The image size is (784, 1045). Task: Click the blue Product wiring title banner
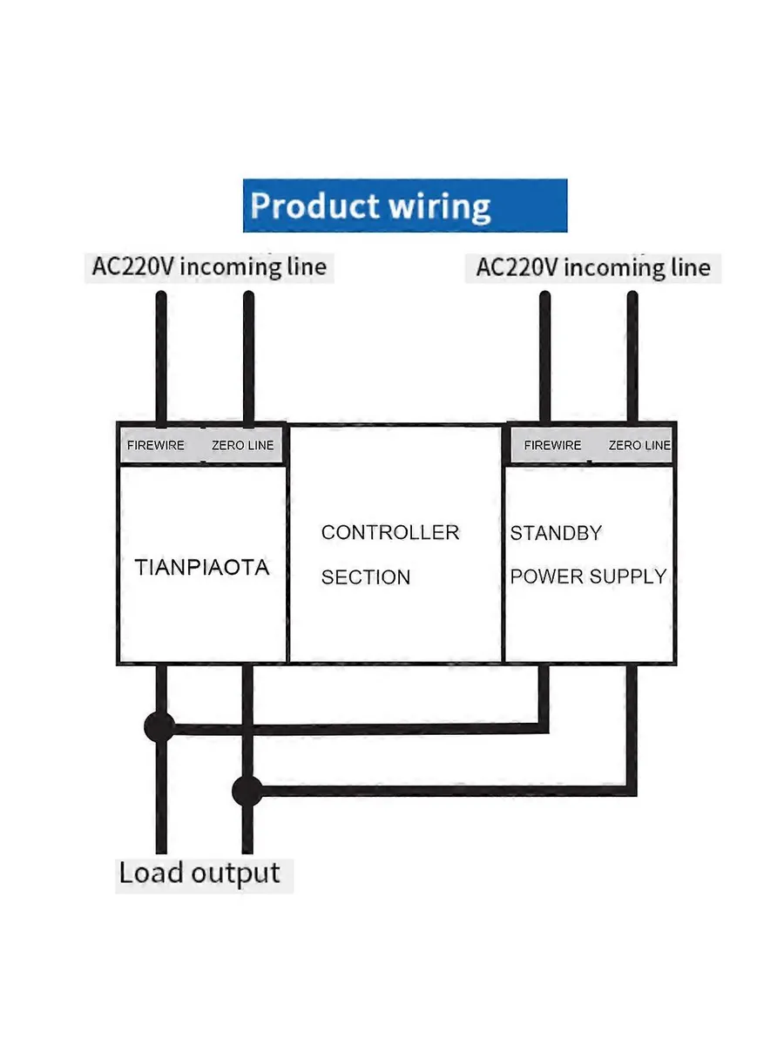point(405,206)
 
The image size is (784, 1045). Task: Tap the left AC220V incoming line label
point(209,266)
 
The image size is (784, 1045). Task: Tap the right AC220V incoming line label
point(592,267)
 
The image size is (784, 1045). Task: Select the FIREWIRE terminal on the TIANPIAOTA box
point(156,445)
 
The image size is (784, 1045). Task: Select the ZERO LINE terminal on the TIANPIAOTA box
point(242,445)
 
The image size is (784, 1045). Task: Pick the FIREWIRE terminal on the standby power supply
point(552,445)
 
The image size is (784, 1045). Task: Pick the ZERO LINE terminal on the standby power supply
point(639,445)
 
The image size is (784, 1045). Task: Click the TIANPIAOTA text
point(202,568)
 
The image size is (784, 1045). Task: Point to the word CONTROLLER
point(390,532)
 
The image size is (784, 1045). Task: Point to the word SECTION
point(366,577)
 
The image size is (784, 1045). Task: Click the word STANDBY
point(556,533)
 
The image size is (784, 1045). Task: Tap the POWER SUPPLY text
point(589,576)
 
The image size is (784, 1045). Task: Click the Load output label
point(199,873)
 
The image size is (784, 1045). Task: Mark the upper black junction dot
point(159,726)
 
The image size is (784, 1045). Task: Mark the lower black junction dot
point(247,792)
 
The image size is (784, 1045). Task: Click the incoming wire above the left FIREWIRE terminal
point(161,357)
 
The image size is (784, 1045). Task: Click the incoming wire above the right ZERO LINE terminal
point(632,357)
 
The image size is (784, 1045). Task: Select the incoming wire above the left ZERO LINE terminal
point(248,357)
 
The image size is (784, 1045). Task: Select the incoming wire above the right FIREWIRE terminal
point(545,357)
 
